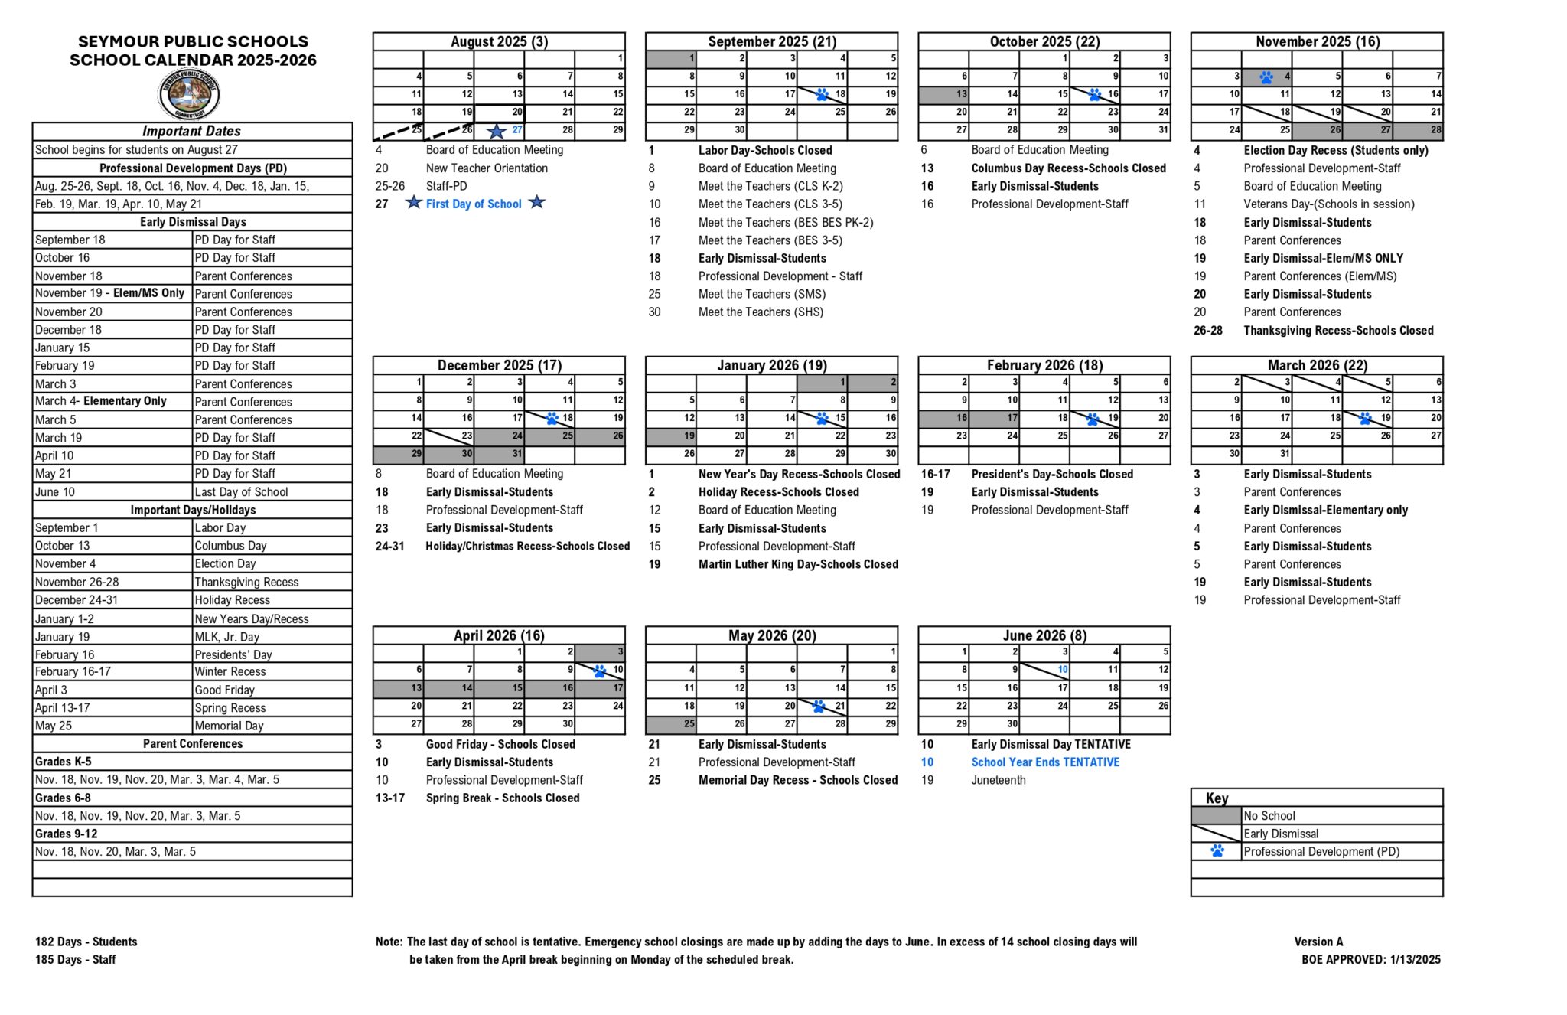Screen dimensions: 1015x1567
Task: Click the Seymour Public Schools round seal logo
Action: coord(189,95)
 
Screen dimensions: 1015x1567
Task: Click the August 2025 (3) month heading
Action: coord(499,41)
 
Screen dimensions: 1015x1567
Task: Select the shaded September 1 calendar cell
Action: coord(671,58)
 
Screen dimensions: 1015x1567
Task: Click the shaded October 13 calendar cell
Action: coord(943,94)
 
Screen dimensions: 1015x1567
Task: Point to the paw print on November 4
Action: coord(1266,77)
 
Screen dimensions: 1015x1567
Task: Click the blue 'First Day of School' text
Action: coord(474,204)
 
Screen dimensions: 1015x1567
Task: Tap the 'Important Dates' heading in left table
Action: coord(191,131)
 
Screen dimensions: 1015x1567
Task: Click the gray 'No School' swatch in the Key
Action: coord(1216,816)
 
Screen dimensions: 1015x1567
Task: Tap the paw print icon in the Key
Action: coord(1217,851)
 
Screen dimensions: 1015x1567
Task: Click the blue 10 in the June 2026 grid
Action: coord(1063,670)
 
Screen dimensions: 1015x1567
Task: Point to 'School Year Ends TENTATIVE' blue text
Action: coord(1045,762)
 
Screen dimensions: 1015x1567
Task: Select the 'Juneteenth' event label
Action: coord(999,780)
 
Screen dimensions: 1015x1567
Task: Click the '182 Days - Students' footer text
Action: coord(86,942)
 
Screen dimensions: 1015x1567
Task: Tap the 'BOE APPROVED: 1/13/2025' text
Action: coord(1370,959)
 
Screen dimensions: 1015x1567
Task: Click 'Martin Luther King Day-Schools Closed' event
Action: coord(798,564)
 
